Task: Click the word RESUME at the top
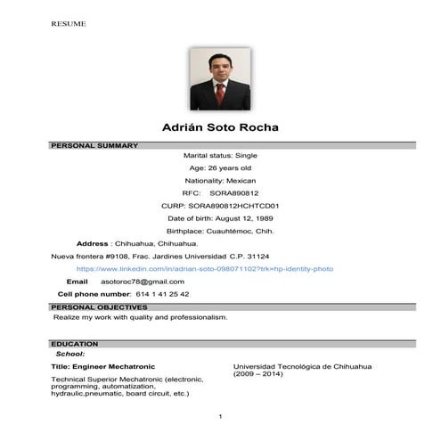69,23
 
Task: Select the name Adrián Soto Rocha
220,127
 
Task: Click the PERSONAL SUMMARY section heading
94,145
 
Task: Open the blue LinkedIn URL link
205,267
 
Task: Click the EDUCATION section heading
75,343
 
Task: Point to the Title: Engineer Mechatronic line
104,366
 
